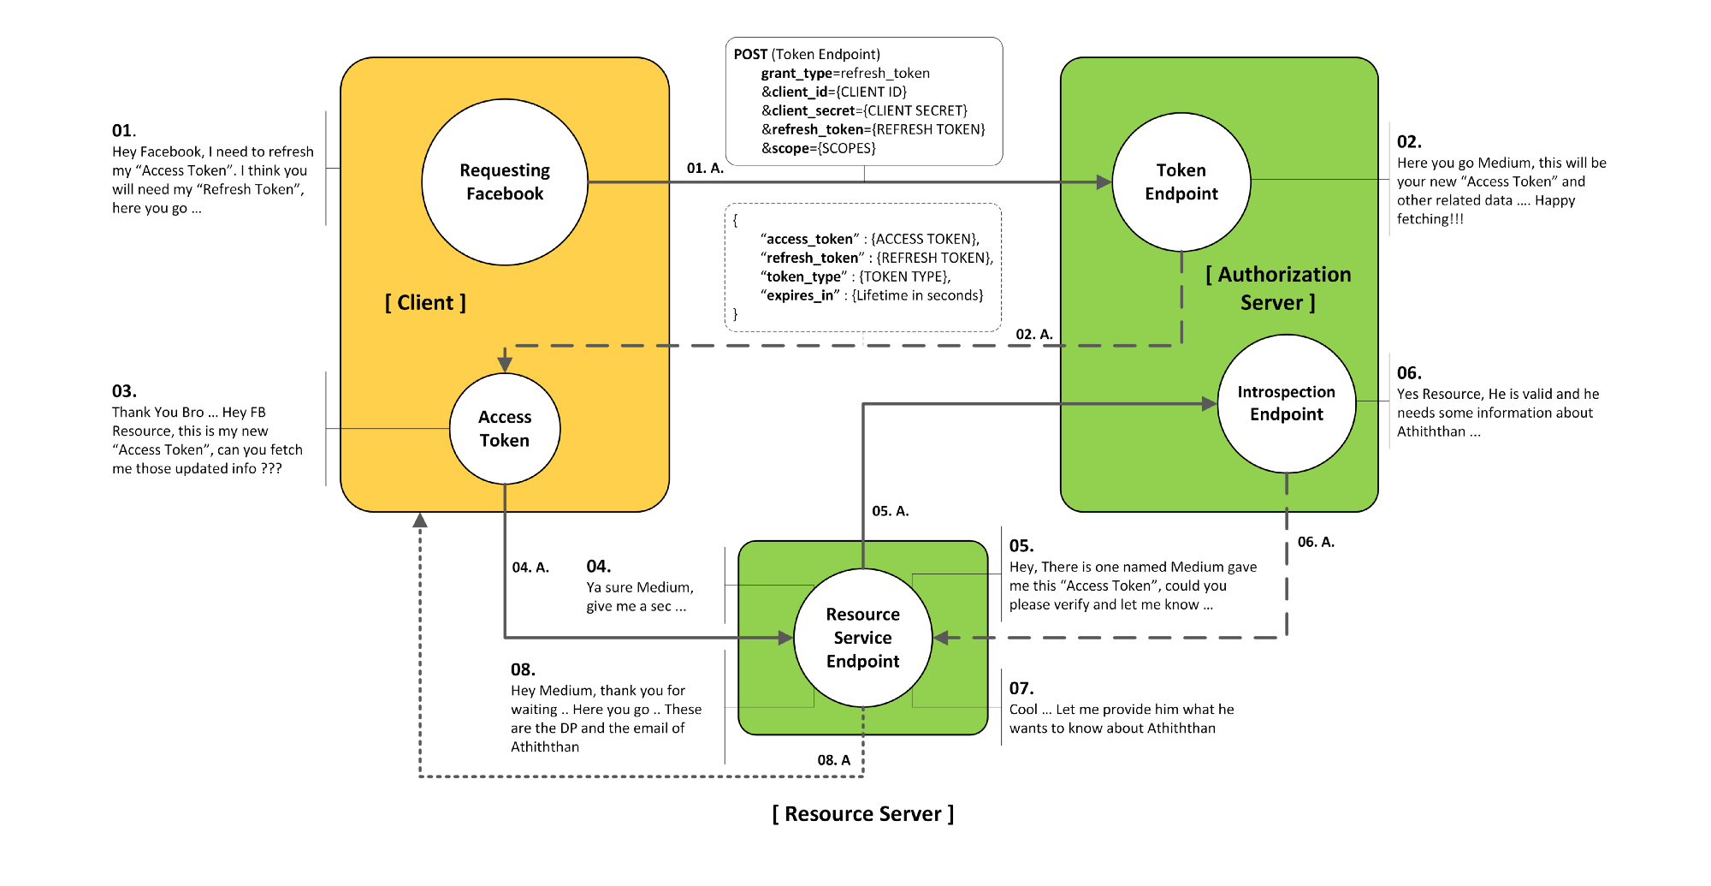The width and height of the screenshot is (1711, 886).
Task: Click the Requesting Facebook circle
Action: click(x=505, y=182)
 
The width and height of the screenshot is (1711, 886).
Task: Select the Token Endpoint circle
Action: click(x=1181, y=182)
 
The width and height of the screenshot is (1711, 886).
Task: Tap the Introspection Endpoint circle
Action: click(x=1287, y=403)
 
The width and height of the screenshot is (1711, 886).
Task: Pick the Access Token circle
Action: click(x=505, y=428)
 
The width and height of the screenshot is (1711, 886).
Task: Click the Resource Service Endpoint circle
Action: click(x=863, y=638)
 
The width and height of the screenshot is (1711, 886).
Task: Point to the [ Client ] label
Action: click(x=425, y=302)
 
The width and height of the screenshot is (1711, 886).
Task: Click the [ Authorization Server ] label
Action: click(x=1278, y=288)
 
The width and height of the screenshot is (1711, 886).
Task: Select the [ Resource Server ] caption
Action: click(x=863, y=813)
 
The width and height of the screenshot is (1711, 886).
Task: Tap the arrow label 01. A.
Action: click(x=705, y=168)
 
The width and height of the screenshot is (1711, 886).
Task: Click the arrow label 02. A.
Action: click(x=1034, y=334)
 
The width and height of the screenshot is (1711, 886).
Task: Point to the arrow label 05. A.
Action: click(x=891, y=511)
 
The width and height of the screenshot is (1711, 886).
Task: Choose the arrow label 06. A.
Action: click(x=1316, y=542)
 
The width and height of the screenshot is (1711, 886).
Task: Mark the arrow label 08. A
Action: click(x=834, y=760)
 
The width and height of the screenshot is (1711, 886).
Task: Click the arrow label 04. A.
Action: click(x=530, y=568)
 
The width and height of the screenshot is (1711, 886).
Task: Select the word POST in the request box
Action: click(x=750, y=55)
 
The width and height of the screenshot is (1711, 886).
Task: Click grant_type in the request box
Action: click(x=796, y=74)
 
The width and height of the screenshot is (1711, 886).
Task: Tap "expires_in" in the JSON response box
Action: click(x=800, y=295)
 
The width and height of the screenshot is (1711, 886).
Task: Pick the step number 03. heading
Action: click(x=124, y=391)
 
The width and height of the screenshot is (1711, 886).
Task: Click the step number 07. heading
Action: click(x=1021, y=688)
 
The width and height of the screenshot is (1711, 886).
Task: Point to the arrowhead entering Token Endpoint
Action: click(x=1104, y=182)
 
